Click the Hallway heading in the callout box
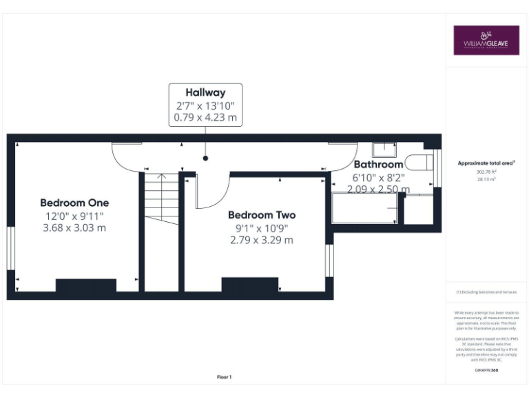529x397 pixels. coord(205,92)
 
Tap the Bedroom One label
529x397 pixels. coord(74,203)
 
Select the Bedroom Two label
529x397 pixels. coord(262,215)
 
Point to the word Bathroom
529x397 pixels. coord(378,165)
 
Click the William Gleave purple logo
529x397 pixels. coord(486,41)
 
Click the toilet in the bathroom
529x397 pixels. coord(417,163)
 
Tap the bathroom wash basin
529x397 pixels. coord(384,149)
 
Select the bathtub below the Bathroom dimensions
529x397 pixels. coord(365,208)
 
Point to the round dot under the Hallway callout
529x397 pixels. coord(205,159)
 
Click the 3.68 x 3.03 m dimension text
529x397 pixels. coord(74,227)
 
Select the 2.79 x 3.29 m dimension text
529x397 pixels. coord(262,240)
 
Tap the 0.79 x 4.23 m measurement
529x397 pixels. coord(205,118)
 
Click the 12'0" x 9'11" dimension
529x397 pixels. coord(74,216)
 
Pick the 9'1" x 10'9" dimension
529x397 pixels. coord(262,227)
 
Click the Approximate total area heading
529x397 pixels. coord(486,163)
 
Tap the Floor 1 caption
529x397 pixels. coord(225,377)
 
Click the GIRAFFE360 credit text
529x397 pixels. coord(486,371)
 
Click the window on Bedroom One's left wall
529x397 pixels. coord(11,248)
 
